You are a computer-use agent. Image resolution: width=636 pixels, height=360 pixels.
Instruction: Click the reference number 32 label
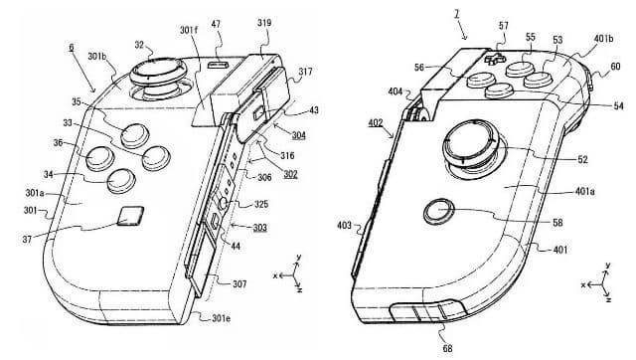(x=139, y=45)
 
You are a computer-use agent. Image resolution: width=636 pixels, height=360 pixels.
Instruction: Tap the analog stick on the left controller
(x=157, y=78)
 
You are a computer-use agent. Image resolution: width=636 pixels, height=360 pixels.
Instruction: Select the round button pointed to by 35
(x=135, y=135)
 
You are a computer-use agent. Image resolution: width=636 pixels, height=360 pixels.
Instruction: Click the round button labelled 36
(x=99, y=158)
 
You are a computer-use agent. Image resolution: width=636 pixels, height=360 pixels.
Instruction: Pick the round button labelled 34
(x=121, y=181)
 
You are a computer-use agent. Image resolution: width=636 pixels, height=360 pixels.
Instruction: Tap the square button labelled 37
(x=130, y=215)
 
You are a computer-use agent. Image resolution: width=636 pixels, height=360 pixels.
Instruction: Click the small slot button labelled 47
(x=219, y=65)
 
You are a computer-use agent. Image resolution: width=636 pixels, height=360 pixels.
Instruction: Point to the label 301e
(x=221, y=318)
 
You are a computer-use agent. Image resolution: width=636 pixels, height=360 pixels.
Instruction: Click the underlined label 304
(x=298, y=135)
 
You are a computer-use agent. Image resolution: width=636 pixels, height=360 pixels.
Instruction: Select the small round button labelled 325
(x=223, y=203)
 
